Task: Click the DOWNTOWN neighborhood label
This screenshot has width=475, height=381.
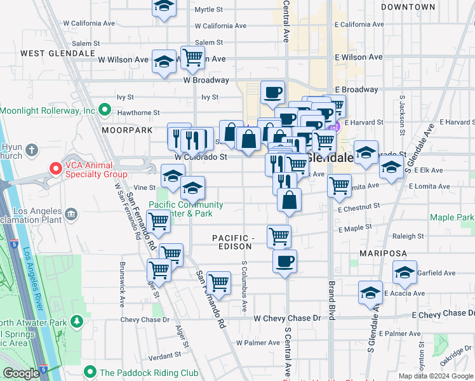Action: [408, 7]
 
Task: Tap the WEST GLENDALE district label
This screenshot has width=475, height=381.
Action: [48, 53]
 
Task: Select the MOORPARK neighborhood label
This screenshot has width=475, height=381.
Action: [127, 130]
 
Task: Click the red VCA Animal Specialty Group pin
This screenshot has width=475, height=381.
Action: [56, 169]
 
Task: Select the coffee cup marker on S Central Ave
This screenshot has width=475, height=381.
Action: [284, 260]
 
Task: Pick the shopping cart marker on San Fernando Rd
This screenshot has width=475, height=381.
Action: [218, 283]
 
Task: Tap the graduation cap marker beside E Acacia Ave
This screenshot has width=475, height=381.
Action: [370, 292]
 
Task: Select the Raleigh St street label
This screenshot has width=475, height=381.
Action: [408, 236]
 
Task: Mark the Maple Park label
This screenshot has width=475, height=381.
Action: [451, 218]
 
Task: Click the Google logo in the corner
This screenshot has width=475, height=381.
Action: [20, 373]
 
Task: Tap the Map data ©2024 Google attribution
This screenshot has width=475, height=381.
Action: [435, 376]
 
